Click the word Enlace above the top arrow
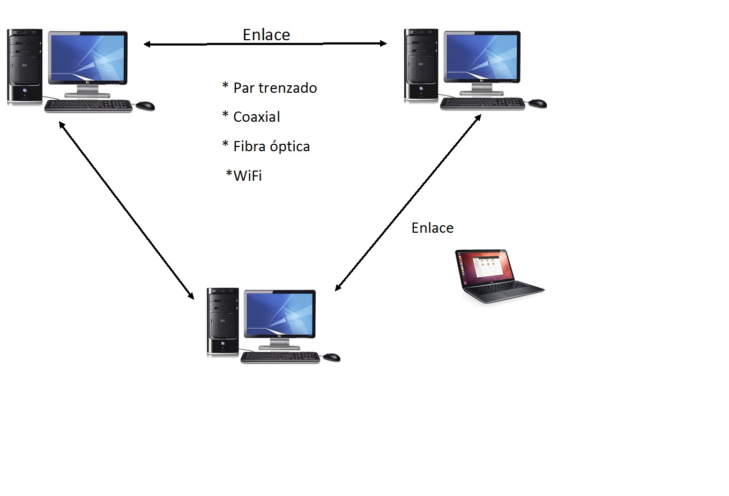click(266, 34)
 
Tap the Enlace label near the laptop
click(432, 228)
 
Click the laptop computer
click(499, 276)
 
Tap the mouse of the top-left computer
click(145, 106)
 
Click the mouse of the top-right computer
click(538, 103)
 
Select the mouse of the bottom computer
click(331, 357)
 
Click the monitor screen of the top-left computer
click(87, 58)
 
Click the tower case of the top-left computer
click(24, 65)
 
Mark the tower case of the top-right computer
click(421, 64)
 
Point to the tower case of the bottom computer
click(223, 322)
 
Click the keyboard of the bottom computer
click(280, 357)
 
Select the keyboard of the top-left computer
click(88, 106)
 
